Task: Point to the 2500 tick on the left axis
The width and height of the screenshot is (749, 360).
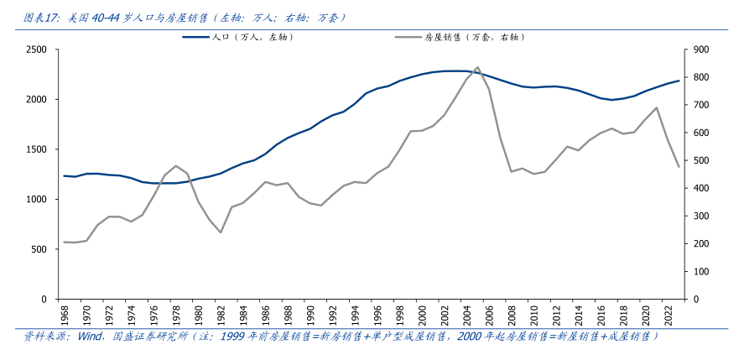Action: (x=35, y=50)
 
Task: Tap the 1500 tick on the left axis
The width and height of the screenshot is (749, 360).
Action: (x=35, y=149)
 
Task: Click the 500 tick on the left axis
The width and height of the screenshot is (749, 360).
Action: (x=39, y=249)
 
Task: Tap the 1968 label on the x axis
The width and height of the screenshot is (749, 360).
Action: (x=65, y=316)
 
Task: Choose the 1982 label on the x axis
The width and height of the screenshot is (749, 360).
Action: (x=221, y=316)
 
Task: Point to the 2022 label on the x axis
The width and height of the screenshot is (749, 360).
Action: (x=668, y=316)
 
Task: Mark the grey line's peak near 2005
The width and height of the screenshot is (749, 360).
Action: (x=477, y=67)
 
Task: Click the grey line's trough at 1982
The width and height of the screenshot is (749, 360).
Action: (x=221, y=232)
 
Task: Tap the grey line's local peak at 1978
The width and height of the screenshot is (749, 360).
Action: (x=176, y=165)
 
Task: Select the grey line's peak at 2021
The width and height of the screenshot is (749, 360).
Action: (x=656, y=107)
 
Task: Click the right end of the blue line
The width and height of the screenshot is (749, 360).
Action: (x=679, y=81)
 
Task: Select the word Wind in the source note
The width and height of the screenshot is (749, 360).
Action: (x=90, y=337)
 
